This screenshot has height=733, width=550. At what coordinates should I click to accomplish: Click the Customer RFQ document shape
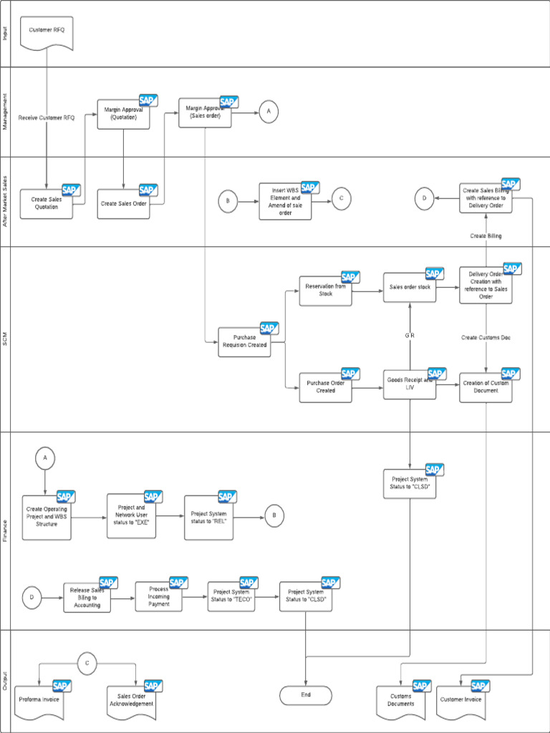[47, 33]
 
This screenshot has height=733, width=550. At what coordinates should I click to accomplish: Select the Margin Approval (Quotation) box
[123, 114]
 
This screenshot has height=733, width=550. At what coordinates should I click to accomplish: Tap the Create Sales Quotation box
[47, 203]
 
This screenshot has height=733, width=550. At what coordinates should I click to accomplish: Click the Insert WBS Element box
[285, 202]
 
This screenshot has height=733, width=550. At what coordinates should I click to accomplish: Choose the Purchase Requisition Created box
[245, 341]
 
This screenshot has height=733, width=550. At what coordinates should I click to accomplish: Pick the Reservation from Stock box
[325, 291]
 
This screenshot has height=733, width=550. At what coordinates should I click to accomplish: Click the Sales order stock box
[410, 287]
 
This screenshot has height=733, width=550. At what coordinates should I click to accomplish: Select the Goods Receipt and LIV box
[410, 385]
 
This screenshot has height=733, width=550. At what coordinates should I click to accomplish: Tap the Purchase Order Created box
[325, 387]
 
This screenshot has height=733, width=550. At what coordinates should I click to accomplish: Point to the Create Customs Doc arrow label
[486, 337]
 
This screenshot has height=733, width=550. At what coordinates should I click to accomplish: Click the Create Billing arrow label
[486, 236]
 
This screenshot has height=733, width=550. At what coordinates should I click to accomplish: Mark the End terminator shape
[306, 694]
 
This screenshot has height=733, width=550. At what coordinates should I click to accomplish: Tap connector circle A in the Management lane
[269, 112]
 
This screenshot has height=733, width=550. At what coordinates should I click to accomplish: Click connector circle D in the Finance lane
[32, 597]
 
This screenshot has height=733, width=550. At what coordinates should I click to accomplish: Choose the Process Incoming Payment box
[159, 596]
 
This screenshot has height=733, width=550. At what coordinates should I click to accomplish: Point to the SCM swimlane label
[6, 339]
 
